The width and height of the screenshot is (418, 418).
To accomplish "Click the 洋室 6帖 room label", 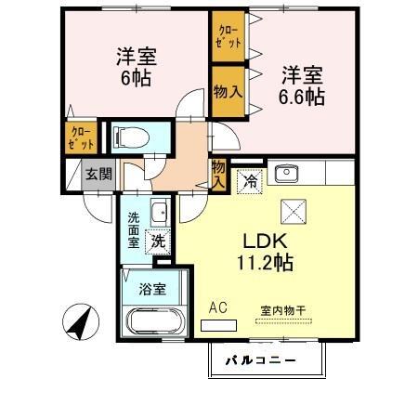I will (136, 67).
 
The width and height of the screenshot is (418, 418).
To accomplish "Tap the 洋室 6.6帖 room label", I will (303, 85).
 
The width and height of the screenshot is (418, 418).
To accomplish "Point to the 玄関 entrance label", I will (98, 173).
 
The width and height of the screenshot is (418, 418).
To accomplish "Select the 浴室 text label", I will (153, 289).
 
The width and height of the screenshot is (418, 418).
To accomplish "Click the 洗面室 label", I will (134, 229).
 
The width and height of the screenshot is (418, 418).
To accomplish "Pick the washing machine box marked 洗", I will (159, 241).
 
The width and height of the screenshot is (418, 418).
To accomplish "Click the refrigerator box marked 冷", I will (248, 180).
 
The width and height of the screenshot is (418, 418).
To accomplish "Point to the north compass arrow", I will (80, 322).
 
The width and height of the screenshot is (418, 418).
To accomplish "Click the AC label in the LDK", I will (218, 307).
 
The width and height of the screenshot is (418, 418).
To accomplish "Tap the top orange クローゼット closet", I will (229, 38).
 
